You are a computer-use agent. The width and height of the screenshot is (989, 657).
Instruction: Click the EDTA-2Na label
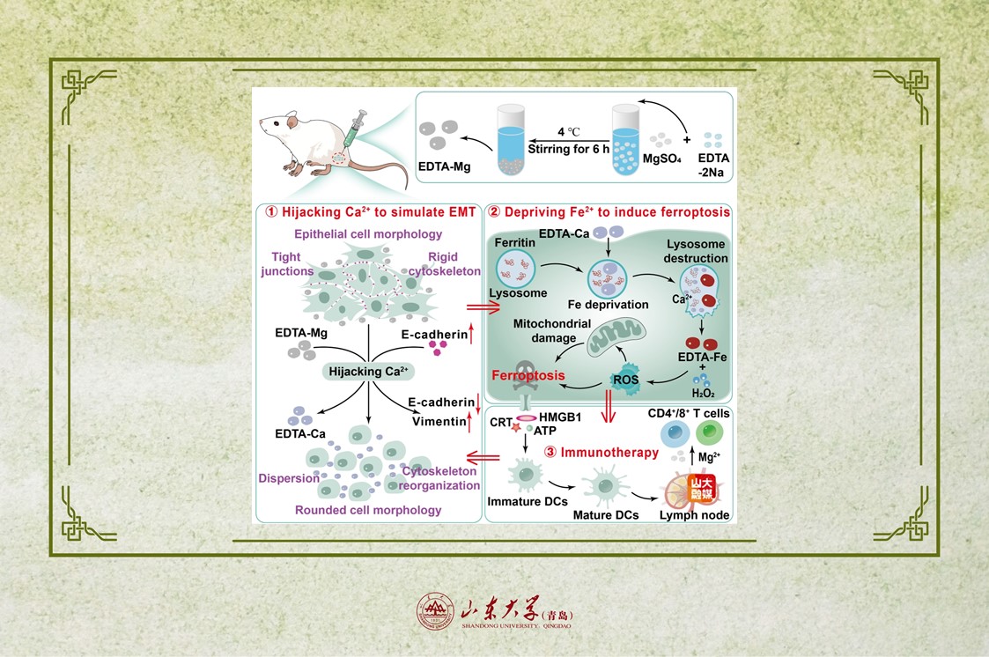(712, 166)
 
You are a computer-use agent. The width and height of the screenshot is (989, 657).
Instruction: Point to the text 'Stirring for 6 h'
(568, 149)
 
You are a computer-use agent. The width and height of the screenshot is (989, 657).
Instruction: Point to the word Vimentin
(438, 422)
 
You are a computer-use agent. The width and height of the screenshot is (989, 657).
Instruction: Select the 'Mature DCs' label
(605, 514)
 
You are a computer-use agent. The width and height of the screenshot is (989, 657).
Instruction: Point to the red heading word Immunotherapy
(613, 452)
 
